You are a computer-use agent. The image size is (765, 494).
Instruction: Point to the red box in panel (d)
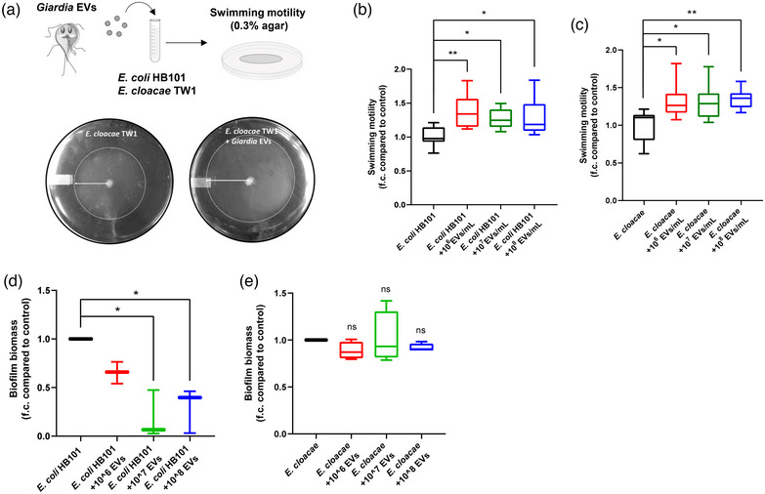pos(116,372)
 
